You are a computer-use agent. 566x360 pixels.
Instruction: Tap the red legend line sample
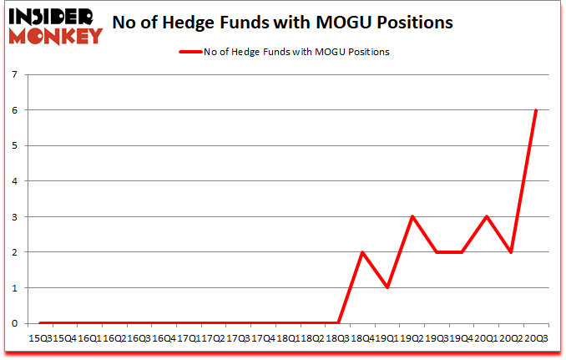point(191,52)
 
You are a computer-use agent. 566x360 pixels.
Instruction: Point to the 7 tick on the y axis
point(15,74)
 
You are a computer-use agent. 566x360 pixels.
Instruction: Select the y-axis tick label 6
point(15,110)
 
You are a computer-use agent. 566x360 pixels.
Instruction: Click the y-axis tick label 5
point(15,145)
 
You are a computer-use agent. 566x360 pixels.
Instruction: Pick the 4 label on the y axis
point(15,181)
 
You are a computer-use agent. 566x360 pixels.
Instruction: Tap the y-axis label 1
point(15,288)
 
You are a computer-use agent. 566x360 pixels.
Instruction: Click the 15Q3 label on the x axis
point(40,337)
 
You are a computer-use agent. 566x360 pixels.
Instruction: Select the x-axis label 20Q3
point(536,337)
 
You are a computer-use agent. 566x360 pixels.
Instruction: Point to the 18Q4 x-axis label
point(362,337)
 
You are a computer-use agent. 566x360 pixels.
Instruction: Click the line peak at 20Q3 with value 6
point(536,110)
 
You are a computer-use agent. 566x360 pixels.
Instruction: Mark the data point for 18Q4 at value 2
point(362,252)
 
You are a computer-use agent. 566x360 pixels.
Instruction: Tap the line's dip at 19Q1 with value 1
point(387,288)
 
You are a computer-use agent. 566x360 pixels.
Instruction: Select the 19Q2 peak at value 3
point(412,216)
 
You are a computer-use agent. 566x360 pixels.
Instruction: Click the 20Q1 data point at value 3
point(487,216)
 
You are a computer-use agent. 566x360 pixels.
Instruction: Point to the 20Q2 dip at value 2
point(511,252)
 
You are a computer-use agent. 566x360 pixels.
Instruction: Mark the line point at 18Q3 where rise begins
point(338,323)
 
